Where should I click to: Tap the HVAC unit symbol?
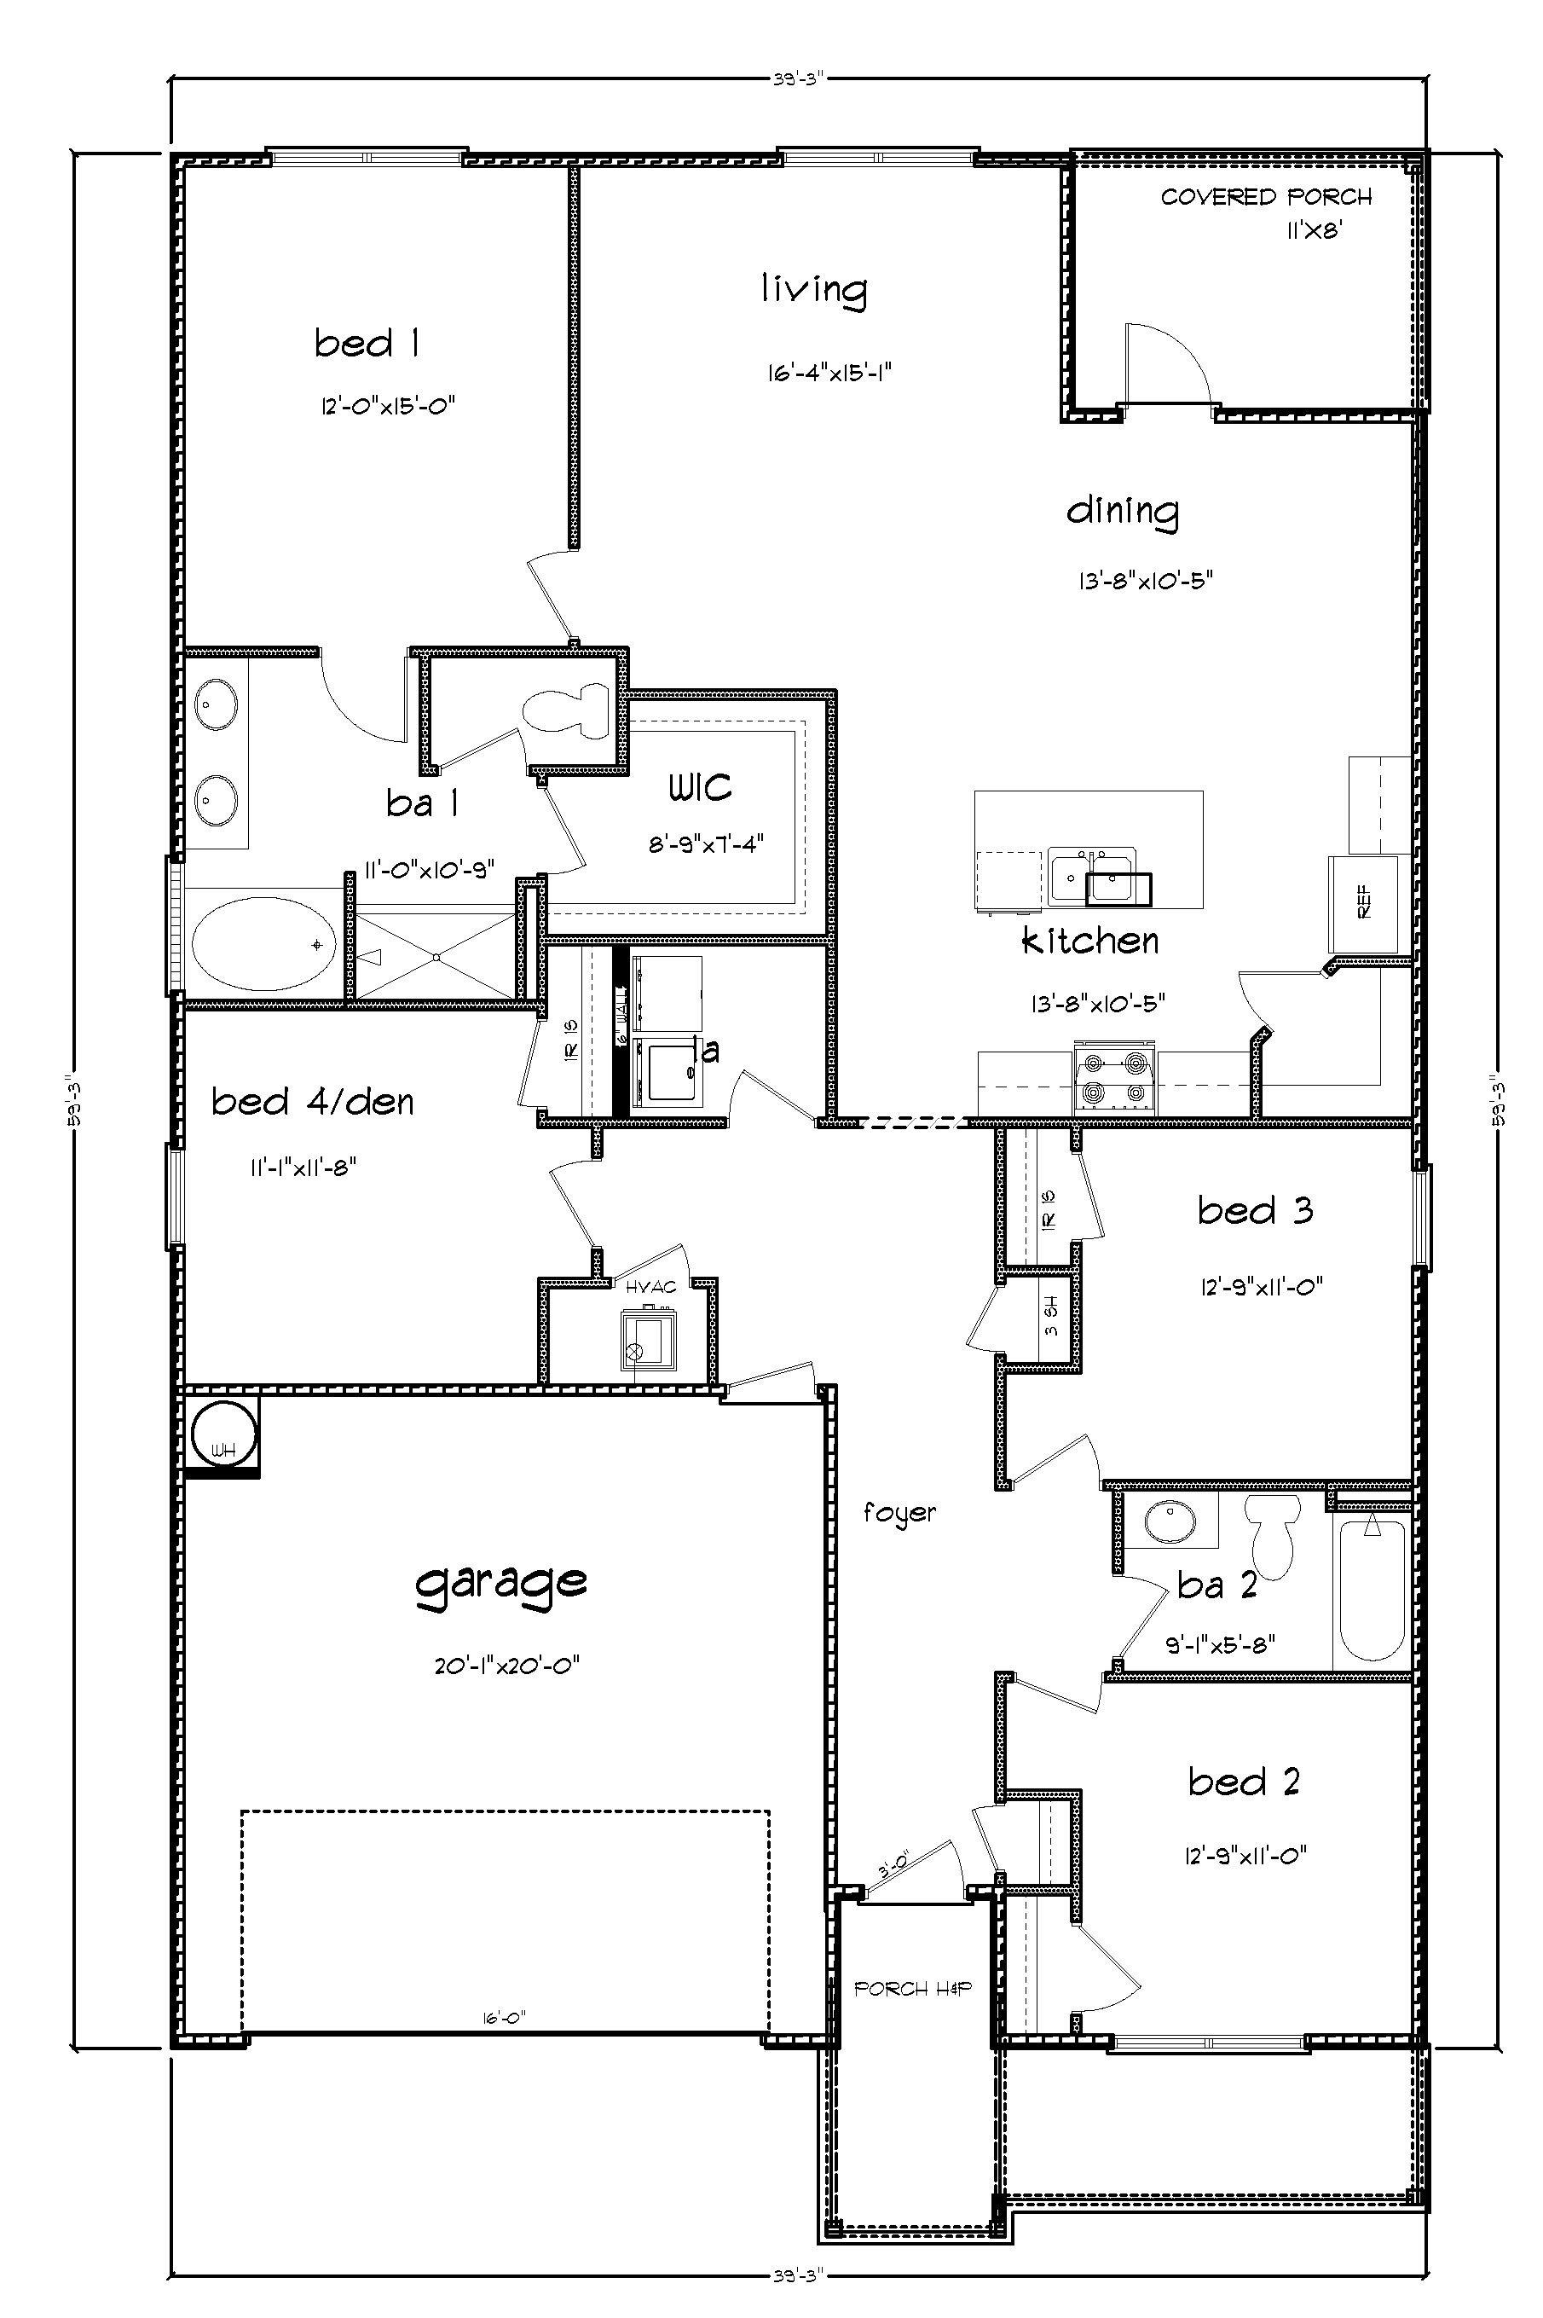point(646,1340)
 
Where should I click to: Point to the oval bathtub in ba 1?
point(263,945)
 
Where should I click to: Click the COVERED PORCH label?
point(1265,198)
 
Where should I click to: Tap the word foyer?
point(899,1513)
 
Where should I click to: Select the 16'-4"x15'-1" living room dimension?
point(829,373)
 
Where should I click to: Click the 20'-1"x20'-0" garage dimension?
point(506,1666)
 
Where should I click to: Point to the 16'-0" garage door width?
point(504,2017)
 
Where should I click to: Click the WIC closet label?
point(700,787)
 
